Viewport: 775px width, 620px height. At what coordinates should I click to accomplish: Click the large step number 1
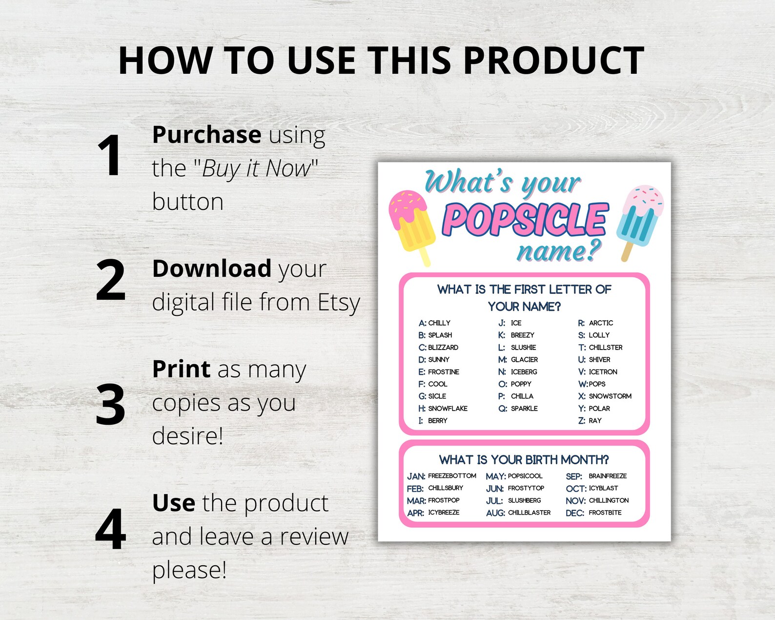pyautogui.click(x=109, y=155)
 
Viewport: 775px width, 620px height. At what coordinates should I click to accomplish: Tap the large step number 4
pyautogui.click(x=111, y=529)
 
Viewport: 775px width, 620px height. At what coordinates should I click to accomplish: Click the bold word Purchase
pyautogui.click(x=206, y=135)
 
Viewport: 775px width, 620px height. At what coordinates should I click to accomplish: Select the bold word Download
pyautogui.click(x=212, y=269)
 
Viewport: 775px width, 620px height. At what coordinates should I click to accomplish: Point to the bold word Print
pyautogui.click(x=181, y=369)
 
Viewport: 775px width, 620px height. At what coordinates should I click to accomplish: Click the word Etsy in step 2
pyautogui.click(x=339, y=302)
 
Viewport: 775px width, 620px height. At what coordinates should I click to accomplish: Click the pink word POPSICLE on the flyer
pyautogui.click(x=525, y=219)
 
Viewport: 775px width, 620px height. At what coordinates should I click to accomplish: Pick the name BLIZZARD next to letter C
pyautogui.click(x=443, y=348)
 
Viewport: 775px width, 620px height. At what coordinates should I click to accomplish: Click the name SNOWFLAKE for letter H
pyautogui.click(x=448, y=409)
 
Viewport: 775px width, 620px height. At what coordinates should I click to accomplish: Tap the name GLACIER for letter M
pyautogui.click(x=524, y=360)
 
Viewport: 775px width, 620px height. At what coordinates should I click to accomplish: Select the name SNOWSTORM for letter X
pyautogui.click(x=610, y=396)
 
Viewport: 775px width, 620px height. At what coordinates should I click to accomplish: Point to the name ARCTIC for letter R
pyautogui.click(x=601, y=323)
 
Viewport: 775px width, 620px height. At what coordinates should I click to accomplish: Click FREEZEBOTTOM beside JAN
pyautogui.click(x=452, y=476)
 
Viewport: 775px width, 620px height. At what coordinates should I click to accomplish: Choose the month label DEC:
pyautogui.click(x=574, y=513)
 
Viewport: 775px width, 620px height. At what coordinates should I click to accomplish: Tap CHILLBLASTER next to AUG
pyautogui.click(x=529, y=513)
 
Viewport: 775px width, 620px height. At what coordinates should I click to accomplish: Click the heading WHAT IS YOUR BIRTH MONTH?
pyautogui.click(x=524, y=460)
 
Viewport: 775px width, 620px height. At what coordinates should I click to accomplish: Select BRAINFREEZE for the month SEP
pyautogui.click(x=608, y=476)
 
